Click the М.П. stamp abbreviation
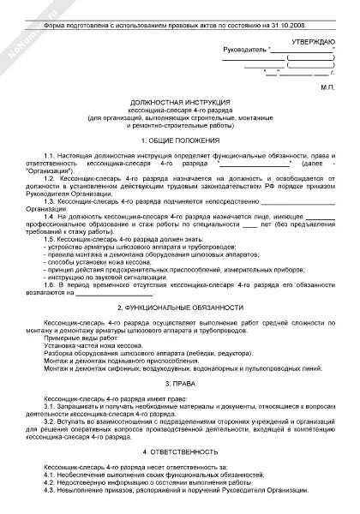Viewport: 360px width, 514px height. (x=326, y=87)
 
